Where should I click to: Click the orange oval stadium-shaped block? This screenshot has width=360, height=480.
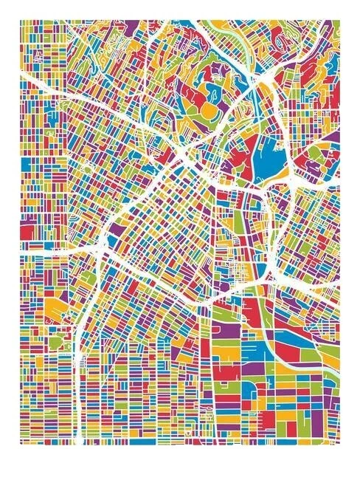[x=209, y=109]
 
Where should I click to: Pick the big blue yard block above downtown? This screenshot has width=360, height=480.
[x=264, y=159]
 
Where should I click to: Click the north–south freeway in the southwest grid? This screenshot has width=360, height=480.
[x=78, y=384]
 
